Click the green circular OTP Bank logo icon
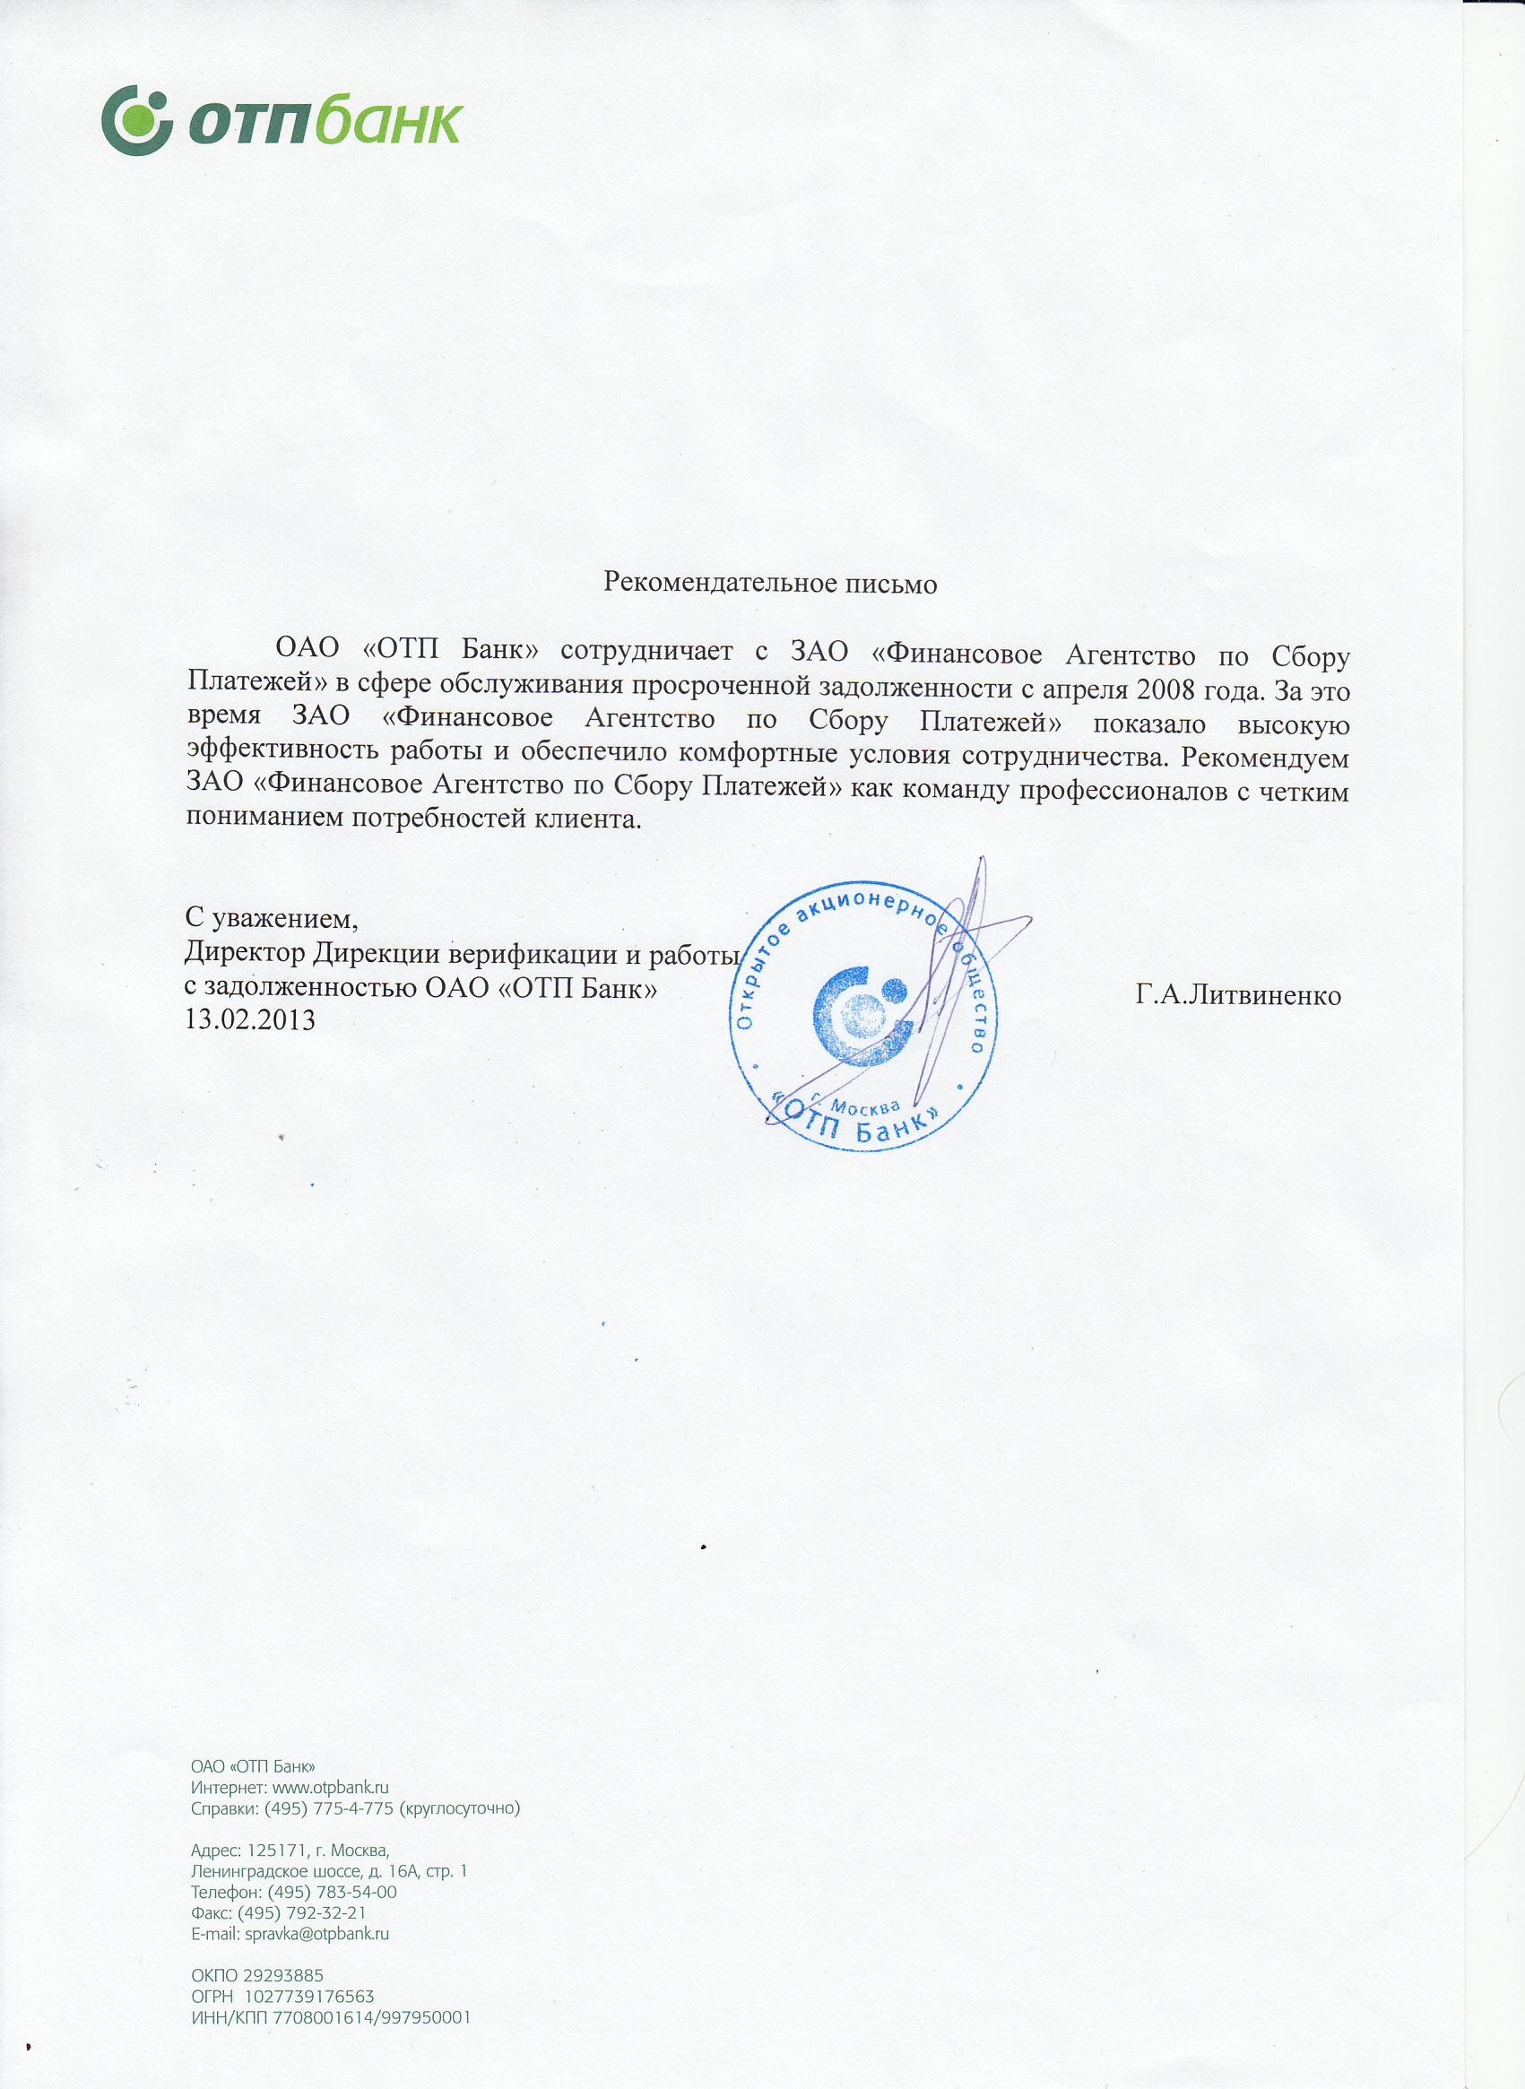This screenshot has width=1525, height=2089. pyautogui.click(x=136, y=120)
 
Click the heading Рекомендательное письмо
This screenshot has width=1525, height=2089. pyautogui.click(x=770, y=583)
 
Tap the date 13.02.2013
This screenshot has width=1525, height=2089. pyautogui.click(x=250, y=1020)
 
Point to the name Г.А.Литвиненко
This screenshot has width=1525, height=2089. pyautogui.click(x=1238, y=995)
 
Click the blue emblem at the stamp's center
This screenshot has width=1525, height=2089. pyautogui.click(x=863, y=1016)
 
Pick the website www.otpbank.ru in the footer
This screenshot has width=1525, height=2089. pyautogui.click(x=331, y=1787)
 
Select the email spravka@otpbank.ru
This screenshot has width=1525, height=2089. pyautogui.click(x=316, y=1933)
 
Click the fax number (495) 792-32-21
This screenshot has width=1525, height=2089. pyautogui.click(x=302, y=1912)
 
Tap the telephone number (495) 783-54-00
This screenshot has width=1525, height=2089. pyautogui.click(x=333, y=1892)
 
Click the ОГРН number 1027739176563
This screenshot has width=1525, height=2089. pyautogui.click(x=309, y=1996)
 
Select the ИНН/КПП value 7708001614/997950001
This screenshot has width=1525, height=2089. pyautogui.click(x=371, y=2017)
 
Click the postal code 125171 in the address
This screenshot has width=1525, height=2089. pyautogui.click(x=276, y=1850)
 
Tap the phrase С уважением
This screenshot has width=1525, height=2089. pyautogui.click(x=272, y=917)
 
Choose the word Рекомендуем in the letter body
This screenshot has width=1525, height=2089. pyautogui.click(x=1265, y=758)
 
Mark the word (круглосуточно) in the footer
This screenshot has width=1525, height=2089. pyautogui.click(x=460, y=1807)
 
